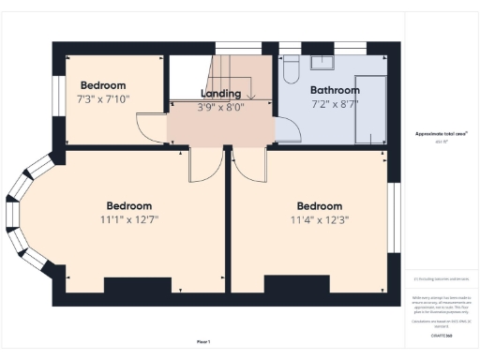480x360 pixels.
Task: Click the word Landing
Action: [221, 94]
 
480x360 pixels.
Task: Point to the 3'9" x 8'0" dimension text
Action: [221, 107]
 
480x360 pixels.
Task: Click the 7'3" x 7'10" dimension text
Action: [103, 98]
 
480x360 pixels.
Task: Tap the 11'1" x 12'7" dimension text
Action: [128, 221]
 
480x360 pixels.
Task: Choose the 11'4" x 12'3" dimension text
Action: [320, 221]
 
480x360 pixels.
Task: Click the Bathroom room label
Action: [334, 91]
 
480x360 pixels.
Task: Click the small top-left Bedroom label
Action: [103, 83]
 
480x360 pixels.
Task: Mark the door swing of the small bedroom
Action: [150, 128]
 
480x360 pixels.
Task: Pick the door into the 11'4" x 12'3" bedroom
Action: [249, 164]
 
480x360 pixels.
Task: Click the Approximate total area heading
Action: [442, 134]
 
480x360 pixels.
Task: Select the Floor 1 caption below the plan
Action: [203, 341]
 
